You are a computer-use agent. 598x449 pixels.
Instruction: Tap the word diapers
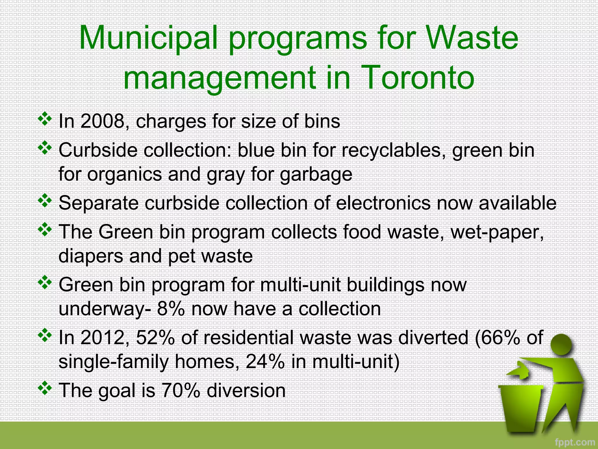coord(91,256)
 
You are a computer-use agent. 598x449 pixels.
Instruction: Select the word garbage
coord(316,175)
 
